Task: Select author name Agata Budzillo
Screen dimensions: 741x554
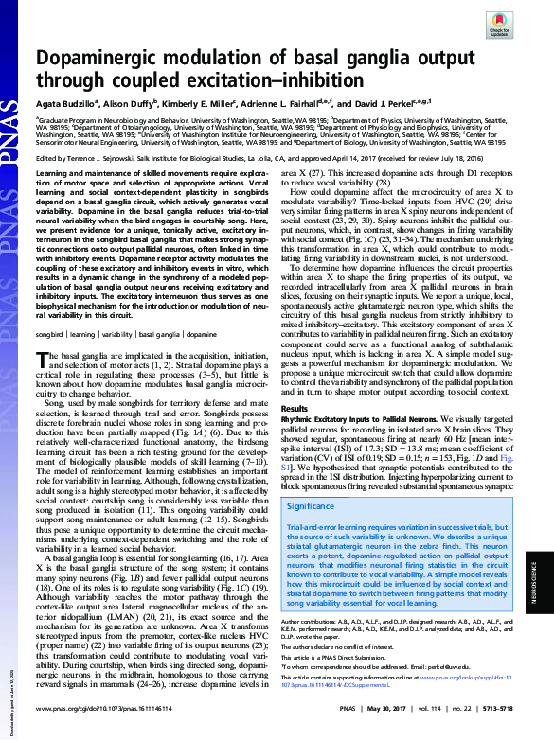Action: coord(67,103)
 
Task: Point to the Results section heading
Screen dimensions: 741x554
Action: coord(296,408)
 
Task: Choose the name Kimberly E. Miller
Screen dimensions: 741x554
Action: coord(200,103)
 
